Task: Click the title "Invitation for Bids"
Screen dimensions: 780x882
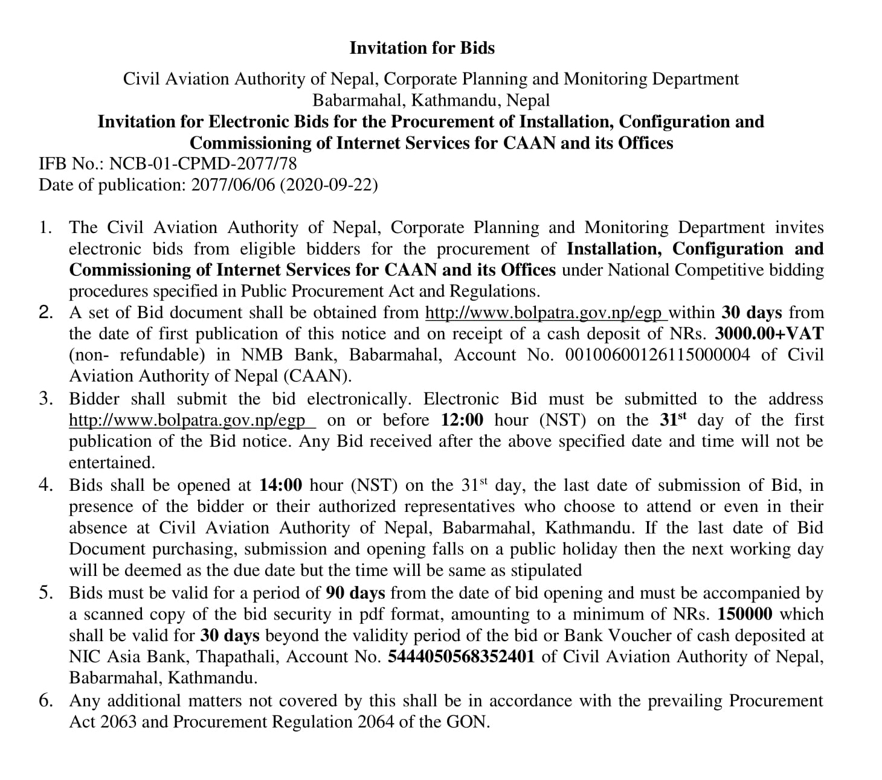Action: (x=422, y=48)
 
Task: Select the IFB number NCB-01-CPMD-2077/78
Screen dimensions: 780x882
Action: (x=202, y=163)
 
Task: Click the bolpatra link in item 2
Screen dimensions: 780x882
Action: (x=546, y=313)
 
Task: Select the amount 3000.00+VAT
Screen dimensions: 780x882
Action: (x=769, y=334)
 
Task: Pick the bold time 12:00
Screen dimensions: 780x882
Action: (x=462, y=420)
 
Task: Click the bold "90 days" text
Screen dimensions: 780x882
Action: (x=355, y=593)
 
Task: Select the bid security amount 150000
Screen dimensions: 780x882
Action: (x=744, y=615)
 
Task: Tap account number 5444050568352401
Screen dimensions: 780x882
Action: (x=461, y=657)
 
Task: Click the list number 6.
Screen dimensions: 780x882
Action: (x=46, y=701)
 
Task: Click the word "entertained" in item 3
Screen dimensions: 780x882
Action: (x=112, y=463)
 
